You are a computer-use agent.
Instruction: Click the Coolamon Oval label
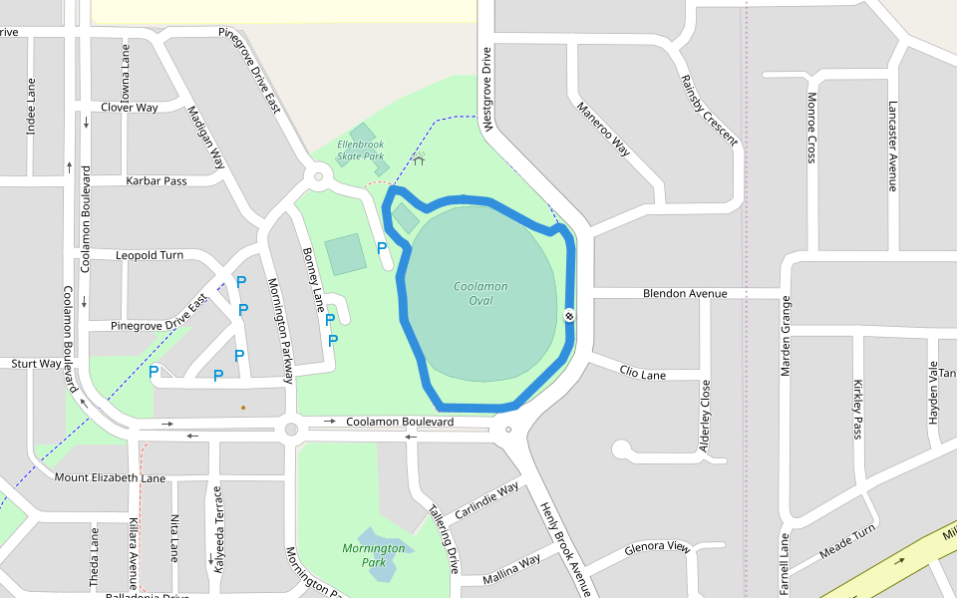tap(480, 293)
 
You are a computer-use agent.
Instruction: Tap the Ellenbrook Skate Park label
tap(360, 150)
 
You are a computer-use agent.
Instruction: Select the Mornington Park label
tap(374, 555)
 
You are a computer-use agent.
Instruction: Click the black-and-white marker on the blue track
tap(569, 316)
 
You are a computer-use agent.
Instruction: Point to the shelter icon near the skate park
tap(419, 157)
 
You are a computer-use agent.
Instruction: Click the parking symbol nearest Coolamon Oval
tap(381, 247)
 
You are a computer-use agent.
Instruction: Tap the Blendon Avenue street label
tap(685, 294)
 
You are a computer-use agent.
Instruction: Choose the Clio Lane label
tap(642, 373)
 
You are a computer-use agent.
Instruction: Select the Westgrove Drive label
tap(487, 90)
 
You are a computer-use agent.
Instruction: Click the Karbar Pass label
tap(157, 181)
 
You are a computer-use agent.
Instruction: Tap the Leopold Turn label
tap(150, 255)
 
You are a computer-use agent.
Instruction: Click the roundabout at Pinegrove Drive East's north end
tap(319, 177)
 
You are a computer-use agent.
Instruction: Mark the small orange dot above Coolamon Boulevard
tap(242, 407)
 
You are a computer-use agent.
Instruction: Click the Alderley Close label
tap(705, 416)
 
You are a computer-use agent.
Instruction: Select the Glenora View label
tap(657, 547)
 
